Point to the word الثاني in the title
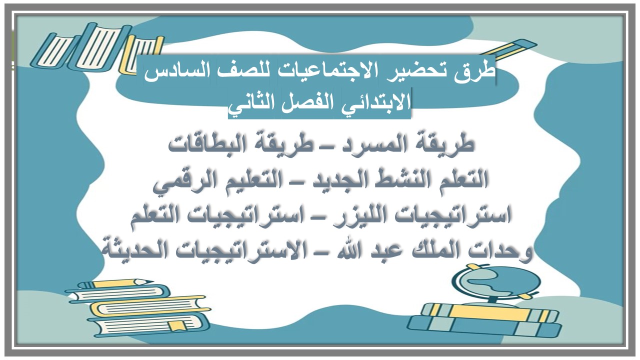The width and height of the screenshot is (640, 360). click(251, 101)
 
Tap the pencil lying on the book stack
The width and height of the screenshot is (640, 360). click(122, 283)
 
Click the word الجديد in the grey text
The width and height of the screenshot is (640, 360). click(316, 179)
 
